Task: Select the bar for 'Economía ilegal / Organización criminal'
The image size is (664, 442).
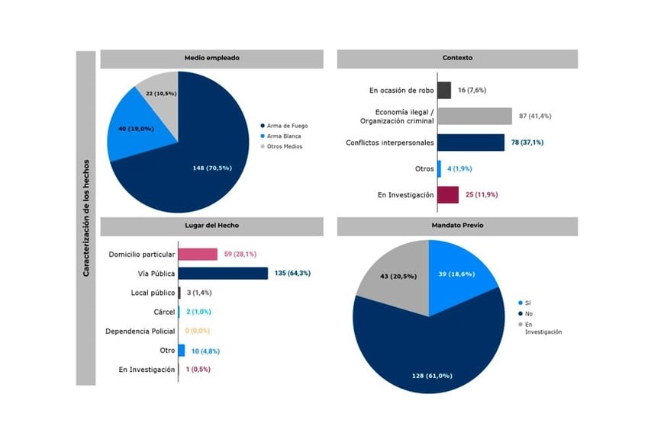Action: tap(474, 116)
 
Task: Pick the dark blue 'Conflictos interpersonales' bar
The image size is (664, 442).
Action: tap(470, 143)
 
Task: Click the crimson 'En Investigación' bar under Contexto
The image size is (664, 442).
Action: tap(447, 194)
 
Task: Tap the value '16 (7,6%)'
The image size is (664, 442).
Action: tap(472, 90)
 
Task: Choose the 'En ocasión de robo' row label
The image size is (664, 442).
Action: tap(401, 90)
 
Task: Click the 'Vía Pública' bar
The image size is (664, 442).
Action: tap(223, 273)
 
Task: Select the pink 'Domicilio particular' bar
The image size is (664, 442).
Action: tap(198, 254)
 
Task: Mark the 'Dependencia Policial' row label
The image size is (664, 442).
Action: tap(140, 331)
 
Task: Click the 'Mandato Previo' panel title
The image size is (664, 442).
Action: tap(457, 226)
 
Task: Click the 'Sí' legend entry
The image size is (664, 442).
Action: tap(527, 303)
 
